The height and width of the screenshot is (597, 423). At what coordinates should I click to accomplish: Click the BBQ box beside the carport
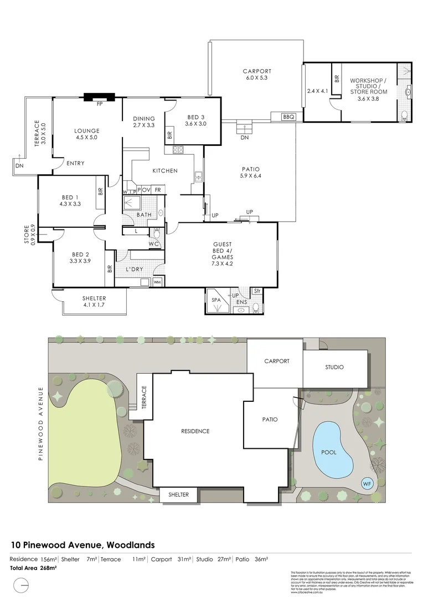pos(288,117)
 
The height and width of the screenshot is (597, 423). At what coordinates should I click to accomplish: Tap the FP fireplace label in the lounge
pos(100,103)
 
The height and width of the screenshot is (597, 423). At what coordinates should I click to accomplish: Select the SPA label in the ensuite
pos(216,300)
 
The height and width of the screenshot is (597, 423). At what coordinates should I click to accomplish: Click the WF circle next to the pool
pos(367,484)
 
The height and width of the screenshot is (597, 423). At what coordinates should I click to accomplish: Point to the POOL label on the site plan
pos(329,452)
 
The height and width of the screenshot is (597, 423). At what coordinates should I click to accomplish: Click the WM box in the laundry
pos(157,282)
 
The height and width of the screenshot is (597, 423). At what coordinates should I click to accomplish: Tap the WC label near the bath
pos(154,243)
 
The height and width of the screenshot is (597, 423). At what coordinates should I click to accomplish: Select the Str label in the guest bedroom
pos(257,291)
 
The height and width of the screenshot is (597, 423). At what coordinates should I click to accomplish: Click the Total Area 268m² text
pos(33,568)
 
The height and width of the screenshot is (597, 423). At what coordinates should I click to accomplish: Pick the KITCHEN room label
pos(165,171)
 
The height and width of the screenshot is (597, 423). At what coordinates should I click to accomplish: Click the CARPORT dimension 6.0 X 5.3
pos(257,78)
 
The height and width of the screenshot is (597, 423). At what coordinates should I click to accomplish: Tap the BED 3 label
pos(195,117)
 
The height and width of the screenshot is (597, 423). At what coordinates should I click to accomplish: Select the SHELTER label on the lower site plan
pos(178,495)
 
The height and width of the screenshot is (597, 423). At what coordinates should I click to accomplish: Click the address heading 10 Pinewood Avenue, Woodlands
pos(83,544)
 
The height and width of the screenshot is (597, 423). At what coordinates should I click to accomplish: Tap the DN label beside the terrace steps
pos(19,165)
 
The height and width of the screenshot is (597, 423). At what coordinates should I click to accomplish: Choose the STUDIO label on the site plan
pos(334,367)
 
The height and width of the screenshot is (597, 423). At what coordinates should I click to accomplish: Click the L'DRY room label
pos(135,269)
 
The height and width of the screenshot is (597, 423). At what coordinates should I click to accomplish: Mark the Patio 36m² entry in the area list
pos(252,559)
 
